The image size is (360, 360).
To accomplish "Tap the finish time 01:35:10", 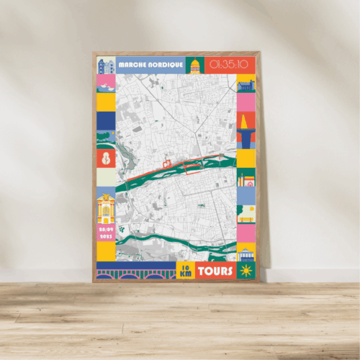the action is coord(228,65).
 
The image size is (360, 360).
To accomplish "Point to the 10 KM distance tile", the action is coord(186,271).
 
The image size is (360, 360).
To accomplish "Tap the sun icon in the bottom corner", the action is coord(246,271).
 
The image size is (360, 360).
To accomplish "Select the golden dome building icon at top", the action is coord(195,66).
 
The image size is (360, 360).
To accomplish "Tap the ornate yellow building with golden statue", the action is coord(106,209).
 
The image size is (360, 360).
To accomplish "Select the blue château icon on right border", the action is coord(246,85).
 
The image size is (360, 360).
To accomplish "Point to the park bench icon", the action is coord(246,213).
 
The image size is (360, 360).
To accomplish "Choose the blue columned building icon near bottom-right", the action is coord(246,253).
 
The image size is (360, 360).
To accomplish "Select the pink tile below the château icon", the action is coord(246,103).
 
